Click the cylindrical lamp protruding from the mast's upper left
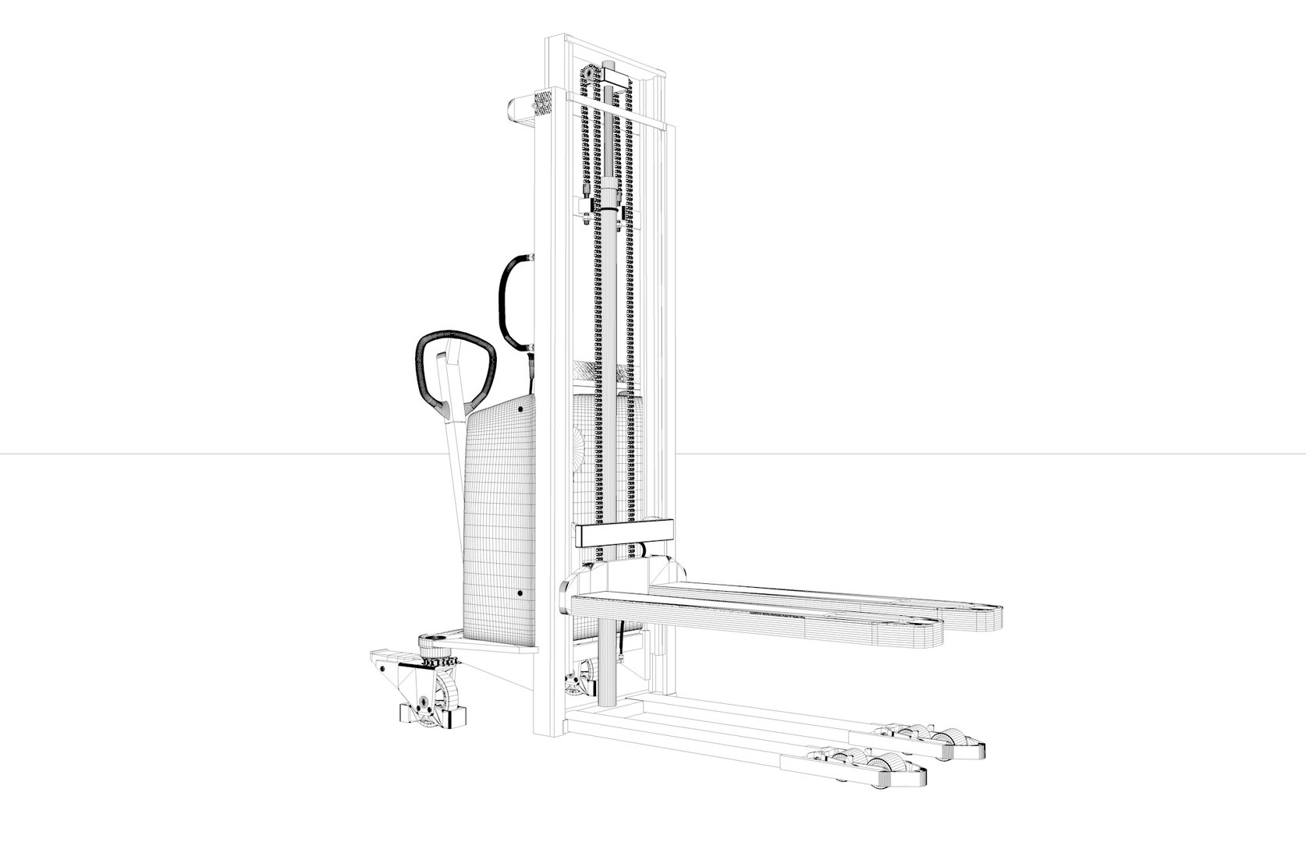[x=520, y=109]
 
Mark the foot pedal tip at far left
[x=375, y=653]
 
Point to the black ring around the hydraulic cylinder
[x=608, y=209]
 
